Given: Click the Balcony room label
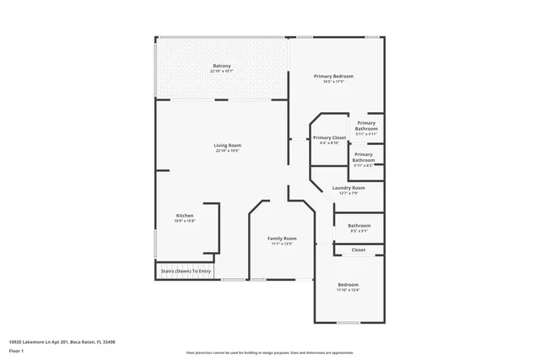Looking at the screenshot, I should click(x=222, y=66).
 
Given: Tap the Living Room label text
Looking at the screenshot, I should click(x=228, y=145).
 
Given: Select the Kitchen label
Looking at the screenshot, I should click(x=185, y=216).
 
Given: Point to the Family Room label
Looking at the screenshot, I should click(x=282, y=239).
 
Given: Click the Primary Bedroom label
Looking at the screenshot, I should click(x=333, y=76).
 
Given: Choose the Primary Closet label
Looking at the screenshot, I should click(x=329, y=137).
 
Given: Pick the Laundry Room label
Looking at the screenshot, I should click(x=348, y=187).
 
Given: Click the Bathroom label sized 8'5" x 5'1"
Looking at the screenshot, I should click(x=359, y=225).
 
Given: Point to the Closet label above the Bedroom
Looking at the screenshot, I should click(x=359, y=250).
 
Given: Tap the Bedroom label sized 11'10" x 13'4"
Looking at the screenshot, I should click(x=348, y=284).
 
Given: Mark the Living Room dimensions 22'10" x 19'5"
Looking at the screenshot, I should click(x=228, y=151).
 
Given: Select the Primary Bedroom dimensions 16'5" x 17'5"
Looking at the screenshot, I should click(x=333, y=82).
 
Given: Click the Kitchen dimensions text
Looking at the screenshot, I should click(x=185, y=221).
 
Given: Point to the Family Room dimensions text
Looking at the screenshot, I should click(x=282, y=244).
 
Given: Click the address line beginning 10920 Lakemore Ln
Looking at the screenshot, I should click(x=62, y=341).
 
